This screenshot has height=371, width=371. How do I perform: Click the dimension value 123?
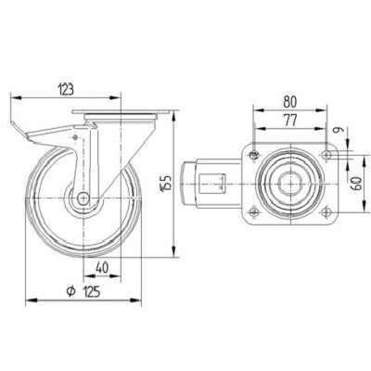click(x=66, y=90)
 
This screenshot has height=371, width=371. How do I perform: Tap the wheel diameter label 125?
click(x=92, y=291)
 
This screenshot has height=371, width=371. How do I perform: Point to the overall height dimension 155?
click(x=166, y=183)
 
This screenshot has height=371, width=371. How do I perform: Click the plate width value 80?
click(x=290, y=102)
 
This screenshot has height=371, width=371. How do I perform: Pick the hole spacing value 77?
click(x=290, y=120)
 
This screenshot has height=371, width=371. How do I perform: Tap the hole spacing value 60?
click(x=356, y=184)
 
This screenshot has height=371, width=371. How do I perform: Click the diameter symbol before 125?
click(x=71, y=291)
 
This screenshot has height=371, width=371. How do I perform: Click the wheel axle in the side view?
click(x=83, y=198)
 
